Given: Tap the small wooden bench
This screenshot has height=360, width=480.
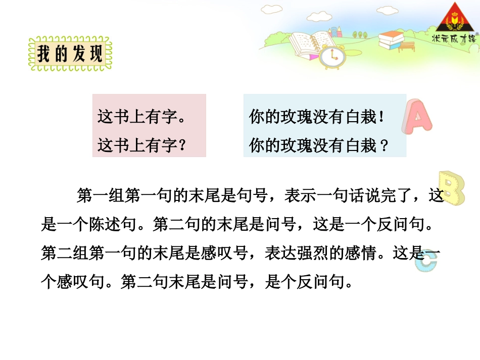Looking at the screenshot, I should tap(407, 47).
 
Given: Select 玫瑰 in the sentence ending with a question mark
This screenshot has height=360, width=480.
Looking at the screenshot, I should tap(299, 146).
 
